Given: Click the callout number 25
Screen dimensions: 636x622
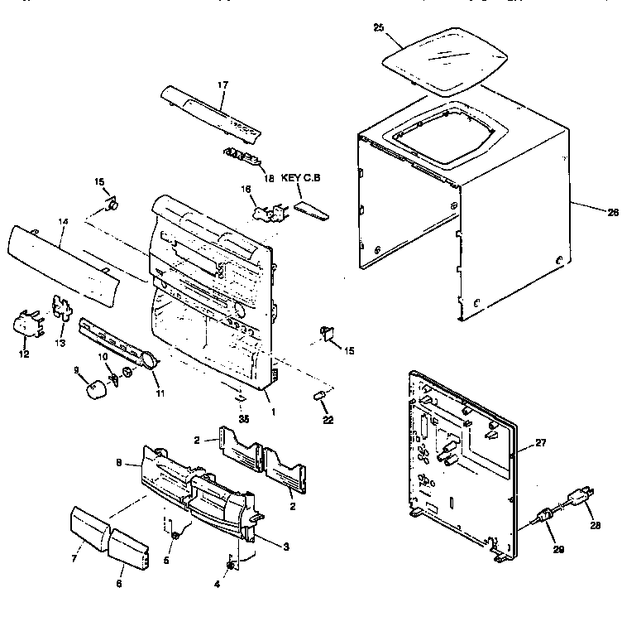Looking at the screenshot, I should (x=378, y=27).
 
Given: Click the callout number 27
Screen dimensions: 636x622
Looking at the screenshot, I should (x=541, y=444).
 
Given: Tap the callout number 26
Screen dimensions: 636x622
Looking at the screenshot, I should (x=612, y=213).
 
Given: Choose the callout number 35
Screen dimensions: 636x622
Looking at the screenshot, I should (x=244, y=419).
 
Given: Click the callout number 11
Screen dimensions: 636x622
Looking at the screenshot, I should (x=160, y=393).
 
